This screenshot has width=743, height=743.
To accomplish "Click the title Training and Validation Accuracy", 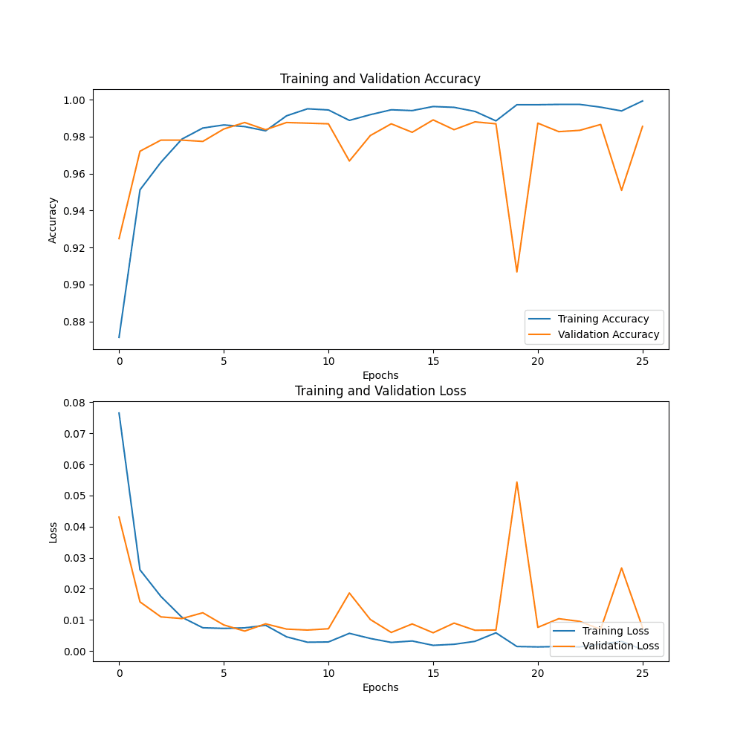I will [380, 79].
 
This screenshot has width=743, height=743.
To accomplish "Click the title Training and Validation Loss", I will [380, 391].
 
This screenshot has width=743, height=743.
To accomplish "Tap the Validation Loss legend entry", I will [620, 646].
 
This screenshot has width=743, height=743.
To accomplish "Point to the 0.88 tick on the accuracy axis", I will [75, 322].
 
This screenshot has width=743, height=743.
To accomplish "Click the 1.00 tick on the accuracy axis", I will [75, 100].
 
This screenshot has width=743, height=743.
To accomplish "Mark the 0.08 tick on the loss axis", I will [75, 402].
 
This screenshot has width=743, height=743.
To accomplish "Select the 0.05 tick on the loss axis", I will [75, 496].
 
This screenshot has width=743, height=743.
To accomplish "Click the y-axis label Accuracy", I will [53, 220].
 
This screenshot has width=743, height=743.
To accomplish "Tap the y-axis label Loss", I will [53, 531].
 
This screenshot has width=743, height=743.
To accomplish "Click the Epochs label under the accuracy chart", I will [380, 375].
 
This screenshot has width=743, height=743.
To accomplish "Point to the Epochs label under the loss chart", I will [380, 687].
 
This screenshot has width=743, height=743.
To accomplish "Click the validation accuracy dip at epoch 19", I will [517, 272].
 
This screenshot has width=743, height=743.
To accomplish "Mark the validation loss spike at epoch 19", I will [517, 482].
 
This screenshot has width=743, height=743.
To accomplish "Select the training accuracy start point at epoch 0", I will [119, 337].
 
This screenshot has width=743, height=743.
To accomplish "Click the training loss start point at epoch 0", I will [119, 413].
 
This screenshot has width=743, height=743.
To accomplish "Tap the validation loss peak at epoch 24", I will [622, 568].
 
